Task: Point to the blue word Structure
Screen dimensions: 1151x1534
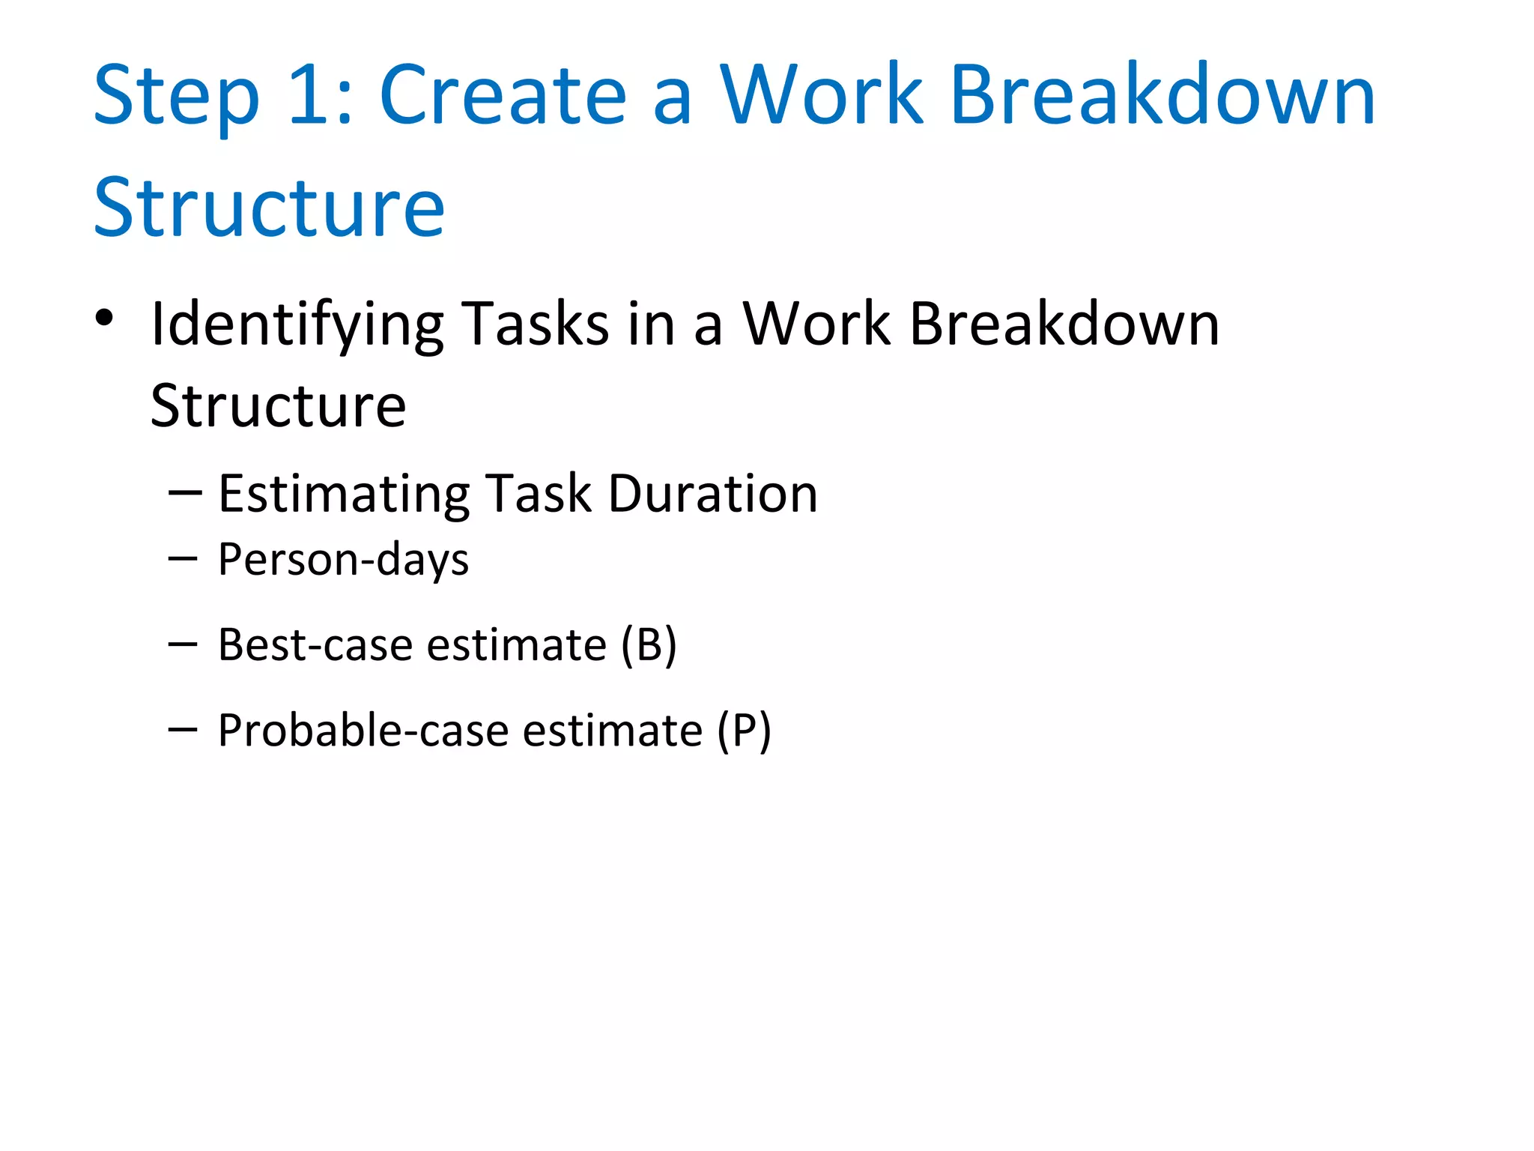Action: pos(269,208)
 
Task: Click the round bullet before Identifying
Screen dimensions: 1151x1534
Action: pos(104,318)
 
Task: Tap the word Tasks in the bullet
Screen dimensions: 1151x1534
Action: pos(535,324)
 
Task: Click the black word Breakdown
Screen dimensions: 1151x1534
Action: pos(1064,324)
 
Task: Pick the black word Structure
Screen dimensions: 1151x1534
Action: pos(278,405)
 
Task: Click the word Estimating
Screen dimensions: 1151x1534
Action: pos(344,495)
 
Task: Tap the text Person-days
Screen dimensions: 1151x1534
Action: pos(343,561)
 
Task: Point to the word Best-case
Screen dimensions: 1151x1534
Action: pos(315,644)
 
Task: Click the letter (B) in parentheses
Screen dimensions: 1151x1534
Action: pos(649,645)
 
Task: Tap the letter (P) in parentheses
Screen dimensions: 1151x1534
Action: pos(743,731)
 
